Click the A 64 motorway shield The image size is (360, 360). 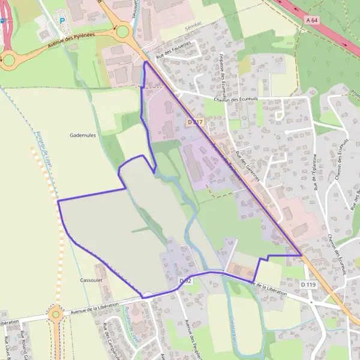311,20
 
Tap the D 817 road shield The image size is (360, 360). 194,122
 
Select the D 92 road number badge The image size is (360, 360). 185,281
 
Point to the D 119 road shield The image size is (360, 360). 308,284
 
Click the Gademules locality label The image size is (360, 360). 83,136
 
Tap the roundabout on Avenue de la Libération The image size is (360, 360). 56,313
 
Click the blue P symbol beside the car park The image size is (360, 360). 61,21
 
